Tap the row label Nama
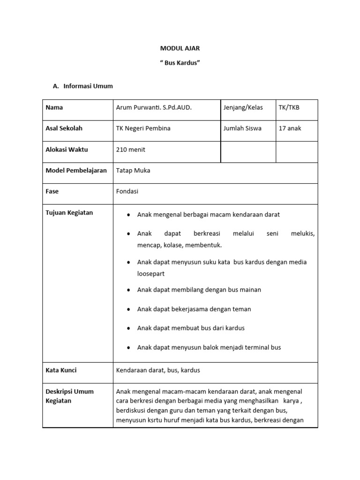click(x=54, y=107)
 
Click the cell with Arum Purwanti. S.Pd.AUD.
click(x=154, y=107)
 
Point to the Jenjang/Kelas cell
click(x=243, y=107)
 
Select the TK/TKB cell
click(x=289, y=107)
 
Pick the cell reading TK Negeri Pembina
click(x=143, y=128)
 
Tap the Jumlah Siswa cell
click(x=243, y=128)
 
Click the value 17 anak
click(x=290, y=128)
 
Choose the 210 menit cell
click(x=131, y=150)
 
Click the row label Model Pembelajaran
click(x=76, y=171)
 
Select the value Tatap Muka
click(x=133, y=171)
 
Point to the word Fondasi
click(x=127, y=191)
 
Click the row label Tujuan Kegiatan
click(x=69, y=212)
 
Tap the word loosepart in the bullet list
click(x=151, y=273)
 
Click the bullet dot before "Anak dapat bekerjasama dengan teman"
click(x=128, y=309)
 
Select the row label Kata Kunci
click(x=61, y=370)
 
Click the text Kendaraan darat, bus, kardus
click(x=158, y=370)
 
